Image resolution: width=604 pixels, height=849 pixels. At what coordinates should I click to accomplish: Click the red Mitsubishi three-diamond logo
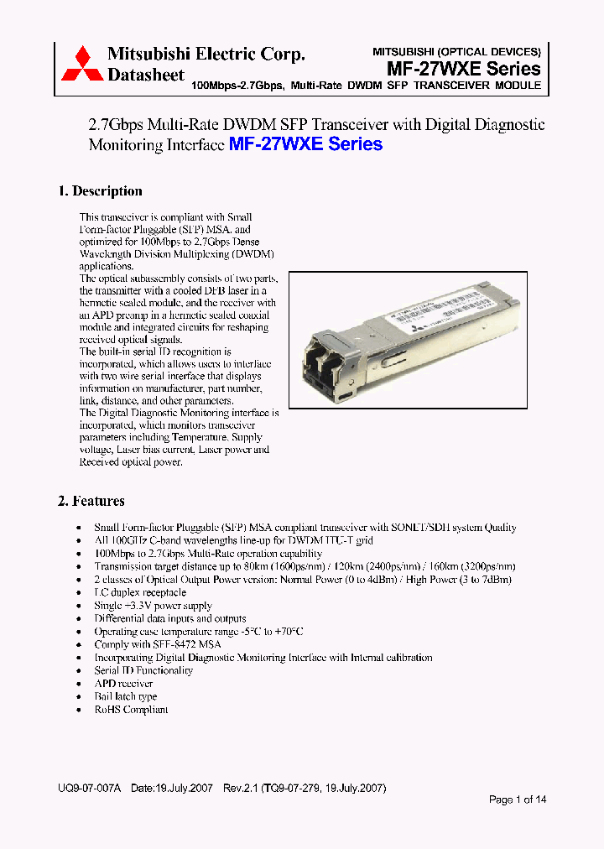pos(81,64)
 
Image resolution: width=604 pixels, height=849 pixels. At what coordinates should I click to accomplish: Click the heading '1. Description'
pos(100,191)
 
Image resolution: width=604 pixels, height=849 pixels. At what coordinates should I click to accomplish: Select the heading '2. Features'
pos(91,501)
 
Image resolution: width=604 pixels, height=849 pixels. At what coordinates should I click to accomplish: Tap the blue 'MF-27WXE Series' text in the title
pos(305,144)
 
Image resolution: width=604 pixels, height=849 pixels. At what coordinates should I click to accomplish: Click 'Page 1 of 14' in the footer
pos(518,800)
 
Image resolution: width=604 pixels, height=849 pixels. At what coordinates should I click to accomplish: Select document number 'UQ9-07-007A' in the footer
pos(90,789)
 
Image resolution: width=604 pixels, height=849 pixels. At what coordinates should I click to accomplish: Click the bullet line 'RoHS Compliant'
pos(131,710)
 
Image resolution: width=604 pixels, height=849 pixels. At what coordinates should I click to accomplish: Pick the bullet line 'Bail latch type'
pos(126,696)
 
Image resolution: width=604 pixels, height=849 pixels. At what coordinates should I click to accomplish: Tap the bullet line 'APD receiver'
pos(123,684)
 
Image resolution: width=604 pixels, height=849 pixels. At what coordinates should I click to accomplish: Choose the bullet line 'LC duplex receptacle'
pos(140,592)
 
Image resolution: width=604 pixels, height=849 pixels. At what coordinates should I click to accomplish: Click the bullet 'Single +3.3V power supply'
pos(153,606)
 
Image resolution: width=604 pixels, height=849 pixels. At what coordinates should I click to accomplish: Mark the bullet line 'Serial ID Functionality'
pos(143,670)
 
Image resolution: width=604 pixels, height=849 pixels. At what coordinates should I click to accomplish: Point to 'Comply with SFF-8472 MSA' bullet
pos(158,644)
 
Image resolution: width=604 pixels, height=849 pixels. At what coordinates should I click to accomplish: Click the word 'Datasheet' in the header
pos(146,75)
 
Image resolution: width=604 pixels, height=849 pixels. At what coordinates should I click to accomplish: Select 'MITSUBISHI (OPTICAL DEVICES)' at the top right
pos(456,51)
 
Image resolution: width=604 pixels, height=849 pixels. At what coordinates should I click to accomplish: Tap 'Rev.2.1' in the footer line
pos(242,789)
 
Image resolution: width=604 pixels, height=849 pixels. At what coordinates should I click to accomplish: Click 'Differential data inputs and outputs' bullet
pos(170,618)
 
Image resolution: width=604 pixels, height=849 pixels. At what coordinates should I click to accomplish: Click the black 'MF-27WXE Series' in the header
pos(464,69)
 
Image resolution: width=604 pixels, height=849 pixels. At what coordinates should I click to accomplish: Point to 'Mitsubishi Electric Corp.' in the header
pos(206,55)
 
